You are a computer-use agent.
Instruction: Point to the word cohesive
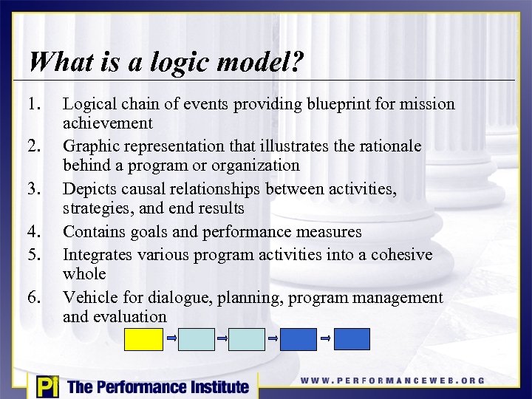click(403, 254)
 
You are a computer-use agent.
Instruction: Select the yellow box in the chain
click(143, 339)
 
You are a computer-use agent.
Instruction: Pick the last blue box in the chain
click(352, 339)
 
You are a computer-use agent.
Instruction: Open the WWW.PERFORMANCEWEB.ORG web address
click(392, 381)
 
